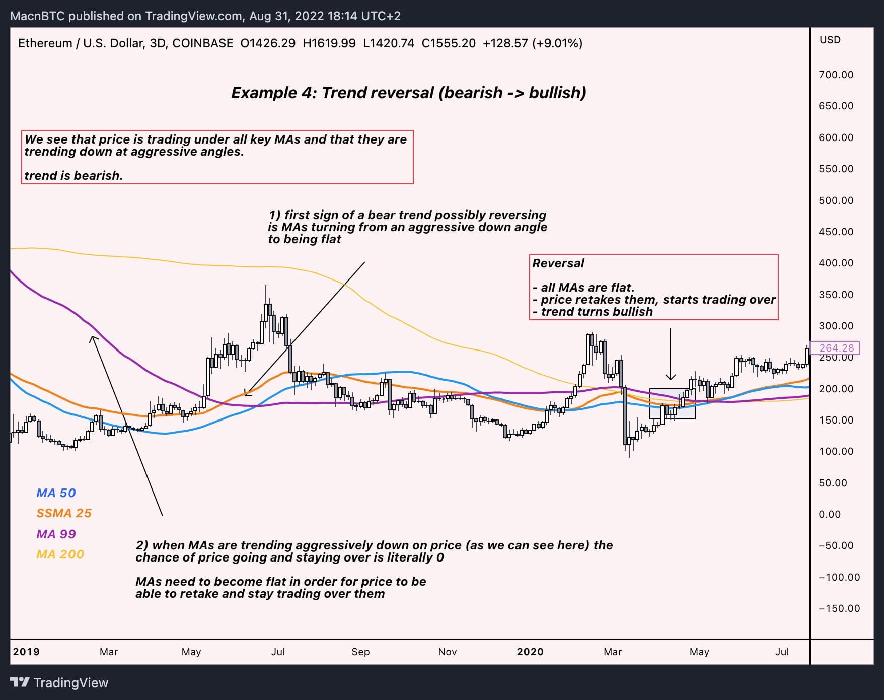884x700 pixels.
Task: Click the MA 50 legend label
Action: point(56,493)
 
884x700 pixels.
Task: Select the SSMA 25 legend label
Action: point(64,513)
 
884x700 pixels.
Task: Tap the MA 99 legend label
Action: point(56,534)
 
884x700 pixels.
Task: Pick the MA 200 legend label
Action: point(60,554)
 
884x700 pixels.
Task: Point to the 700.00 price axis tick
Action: point(836,75)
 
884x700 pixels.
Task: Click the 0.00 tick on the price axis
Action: point(829,514)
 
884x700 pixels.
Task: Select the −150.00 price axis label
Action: point(839,608)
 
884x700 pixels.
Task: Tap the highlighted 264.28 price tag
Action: point(836,348)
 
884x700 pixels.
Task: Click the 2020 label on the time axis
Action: point(530,652)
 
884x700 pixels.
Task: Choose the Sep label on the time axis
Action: point(360,652)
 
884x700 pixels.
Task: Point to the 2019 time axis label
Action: point(26,652)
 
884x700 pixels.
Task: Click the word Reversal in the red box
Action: point(558,263)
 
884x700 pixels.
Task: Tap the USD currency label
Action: point(830,40)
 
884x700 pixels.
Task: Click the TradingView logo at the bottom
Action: point(59,683)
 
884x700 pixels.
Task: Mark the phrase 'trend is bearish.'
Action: point(73,176)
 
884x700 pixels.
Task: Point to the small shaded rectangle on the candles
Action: point(672,403)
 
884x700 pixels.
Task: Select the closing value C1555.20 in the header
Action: point(449,43)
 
